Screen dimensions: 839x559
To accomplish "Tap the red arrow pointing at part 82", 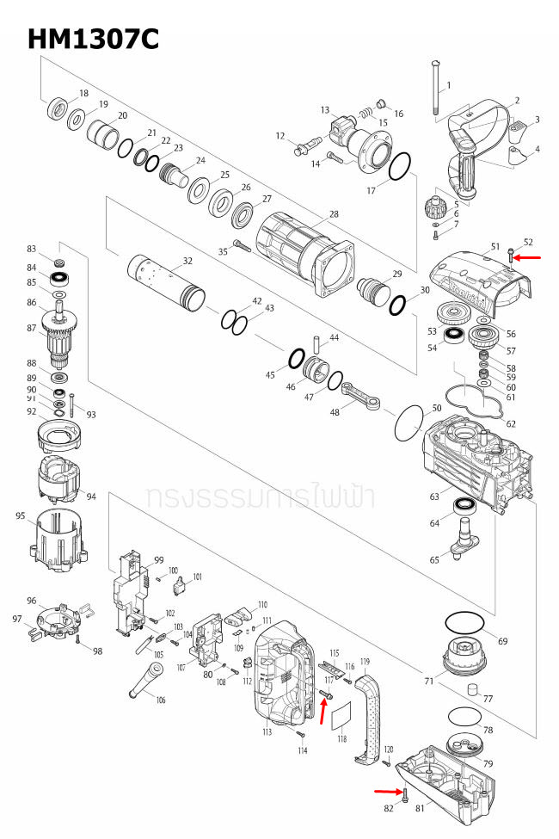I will tap(387, 789).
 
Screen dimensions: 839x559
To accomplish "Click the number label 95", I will tap(21, 515).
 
